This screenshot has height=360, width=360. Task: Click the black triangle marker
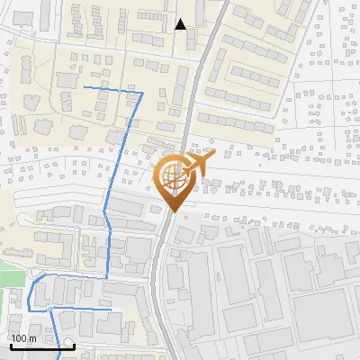pyautogui.click(x=181, y=24)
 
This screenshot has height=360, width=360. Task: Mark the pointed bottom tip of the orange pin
pyautogui.click(x=171, y=211)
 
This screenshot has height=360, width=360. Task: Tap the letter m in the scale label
pyautogui.click(x=33, y=338)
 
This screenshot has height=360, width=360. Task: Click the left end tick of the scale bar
pyautogui.click(x=11, y=346)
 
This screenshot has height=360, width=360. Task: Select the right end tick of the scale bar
pyautogui.click(x=74, y=346)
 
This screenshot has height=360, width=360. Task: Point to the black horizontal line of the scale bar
pyautogui.click(x=42, y=347)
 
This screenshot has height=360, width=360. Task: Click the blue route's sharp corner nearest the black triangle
pyautogui.click(x=142, y=93)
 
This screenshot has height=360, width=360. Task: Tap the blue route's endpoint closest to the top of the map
pyautogui.click(x=85, y=87)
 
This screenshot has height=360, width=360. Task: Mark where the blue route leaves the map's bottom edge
pyautogui.click(x=59, y=358)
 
